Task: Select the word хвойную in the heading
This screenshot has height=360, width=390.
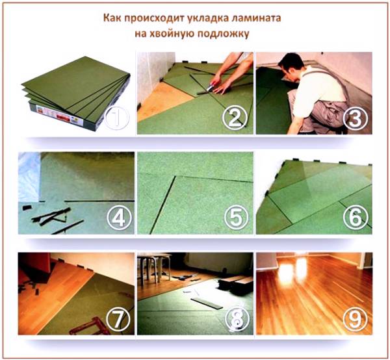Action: pyautogui.click(x=171, y=34)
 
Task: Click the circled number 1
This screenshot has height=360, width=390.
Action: pyautogui.click(x=117, y=118)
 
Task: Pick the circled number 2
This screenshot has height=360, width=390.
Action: pyautogui.click(x=235, y=118)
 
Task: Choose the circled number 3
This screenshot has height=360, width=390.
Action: pyautogui.click(x=355, y=118)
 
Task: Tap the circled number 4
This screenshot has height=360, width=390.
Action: pyautogui.click(x=119, y=218)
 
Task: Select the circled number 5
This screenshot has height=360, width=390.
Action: pyautogui.click(x=237, y=218)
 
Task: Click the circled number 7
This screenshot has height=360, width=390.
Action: pyautogui.click(x=118, y=319)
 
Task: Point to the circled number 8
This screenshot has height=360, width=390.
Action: pyautogui.click(x=237, y=319)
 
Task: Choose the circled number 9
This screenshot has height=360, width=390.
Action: pyautogui.click(x=355, y=319)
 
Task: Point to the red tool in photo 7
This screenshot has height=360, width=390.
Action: pyautogui.click(x=90, y=326)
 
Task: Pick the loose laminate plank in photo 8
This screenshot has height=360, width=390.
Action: pyautogui.click(x=207, y=303)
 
